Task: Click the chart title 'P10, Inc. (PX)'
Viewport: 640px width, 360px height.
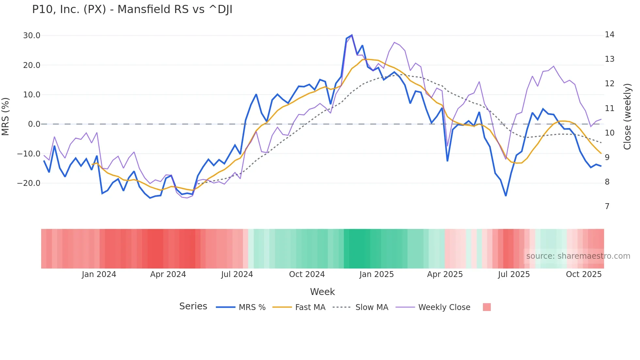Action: click(x=132, y=9)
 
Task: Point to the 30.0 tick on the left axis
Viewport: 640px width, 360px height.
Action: click(x=32, y=36)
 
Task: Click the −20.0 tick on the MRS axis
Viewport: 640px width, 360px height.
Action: click(x=29, y=183)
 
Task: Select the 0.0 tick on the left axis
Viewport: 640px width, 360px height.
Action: click(x=34, y=124)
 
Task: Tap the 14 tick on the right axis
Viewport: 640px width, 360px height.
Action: click(x=609, y=35)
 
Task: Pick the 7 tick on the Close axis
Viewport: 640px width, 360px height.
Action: click(x=607, y=206)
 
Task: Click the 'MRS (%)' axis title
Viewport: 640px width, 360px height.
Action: click(x=6, y=116)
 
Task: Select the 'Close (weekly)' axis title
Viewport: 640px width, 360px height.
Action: click(x=627, y=116)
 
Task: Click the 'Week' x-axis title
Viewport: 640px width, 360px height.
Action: click(x=322, y=292)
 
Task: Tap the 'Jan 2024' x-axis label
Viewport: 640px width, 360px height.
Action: click(x=99, y=274)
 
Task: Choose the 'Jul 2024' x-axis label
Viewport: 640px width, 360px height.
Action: click(x=237, y=274)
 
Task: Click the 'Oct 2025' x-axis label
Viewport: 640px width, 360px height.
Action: click(x=584, y=274)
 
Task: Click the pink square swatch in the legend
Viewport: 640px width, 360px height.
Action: click(x=487, y=307)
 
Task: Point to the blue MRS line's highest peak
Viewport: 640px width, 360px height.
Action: click(x=352, y=35)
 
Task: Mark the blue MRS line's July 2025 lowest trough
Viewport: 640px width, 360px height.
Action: click(x=506, y=196)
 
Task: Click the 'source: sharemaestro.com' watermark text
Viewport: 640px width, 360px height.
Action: click(x=578, y=256)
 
